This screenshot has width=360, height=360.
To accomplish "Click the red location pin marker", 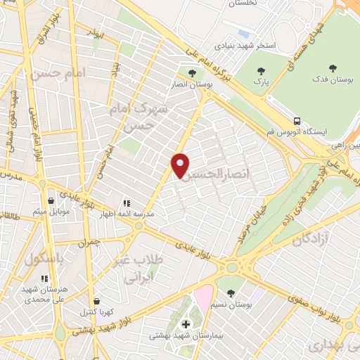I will click(180, 164).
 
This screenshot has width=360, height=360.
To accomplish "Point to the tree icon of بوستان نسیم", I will click(231, 292).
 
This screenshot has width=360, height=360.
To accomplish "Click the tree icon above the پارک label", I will click(262, 71).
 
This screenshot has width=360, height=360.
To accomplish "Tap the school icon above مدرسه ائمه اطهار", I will click(127, 202).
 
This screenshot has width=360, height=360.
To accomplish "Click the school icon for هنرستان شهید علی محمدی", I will click(45, 278).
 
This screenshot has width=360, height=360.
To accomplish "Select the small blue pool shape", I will click(243, 33).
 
